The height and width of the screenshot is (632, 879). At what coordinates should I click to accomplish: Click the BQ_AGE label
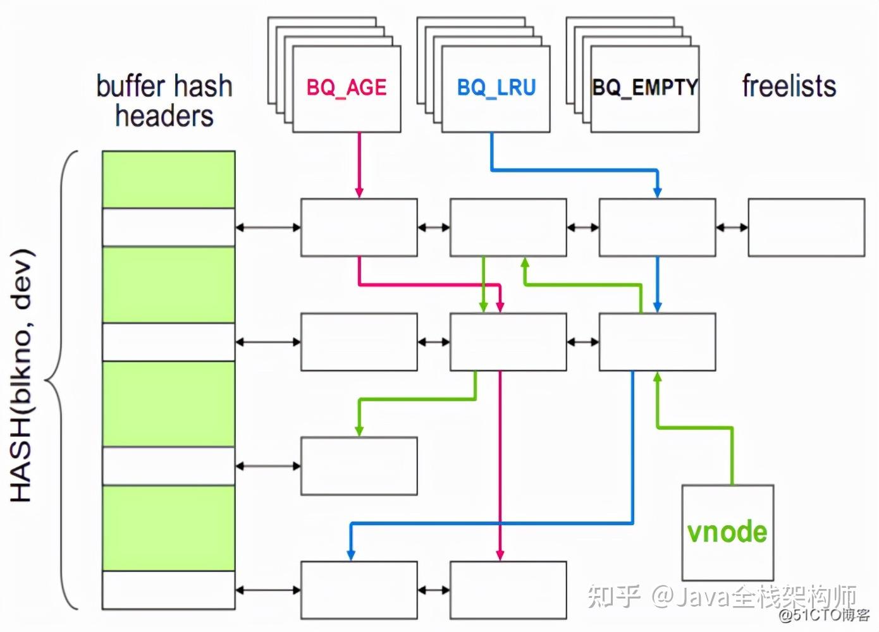[x=347, y=88]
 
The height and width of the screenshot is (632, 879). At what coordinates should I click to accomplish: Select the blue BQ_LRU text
[x=496, y=88]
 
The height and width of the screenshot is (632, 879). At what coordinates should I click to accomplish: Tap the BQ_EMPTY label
[x=645, y=87]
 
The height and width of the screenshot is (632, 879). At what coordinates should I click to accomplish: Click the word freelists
[x=789, y=86]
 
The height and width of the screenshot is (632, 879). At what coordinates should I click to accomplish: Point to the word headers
[x=164, y=116]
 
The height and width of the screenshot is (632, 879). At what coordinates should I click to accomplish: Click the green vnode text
[x=727, y=532]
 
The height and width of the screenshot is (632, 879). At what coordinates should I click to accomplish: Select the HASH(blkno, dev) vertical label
[x=22, y=375]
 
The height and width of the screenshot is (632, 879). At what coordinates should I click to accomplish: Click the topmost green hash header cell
[x=169, y=179]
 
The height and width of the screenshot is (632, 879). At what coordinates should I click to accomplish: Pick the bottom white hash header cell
[x=169, y=590]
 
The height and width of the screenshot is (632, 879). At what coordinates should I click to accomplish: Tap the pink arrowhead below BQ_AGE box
[x=359, y=192]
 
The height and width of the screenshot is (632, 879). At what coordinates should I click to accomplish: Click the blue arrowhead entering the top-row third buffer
[x=658, y=192]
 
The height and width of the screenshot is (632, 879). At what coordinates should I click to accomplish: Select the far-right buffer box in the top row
[x=806, y=228]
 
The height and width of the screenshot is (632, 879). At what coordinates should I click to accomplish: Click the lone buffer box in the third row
[x=359, y=466]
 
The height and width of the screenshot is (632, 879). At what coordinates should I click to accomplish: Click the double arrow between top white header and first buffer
[x=268, y=228]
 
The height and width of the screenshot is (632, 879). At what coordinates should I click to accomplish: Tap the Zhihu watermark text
[x=722, y=597]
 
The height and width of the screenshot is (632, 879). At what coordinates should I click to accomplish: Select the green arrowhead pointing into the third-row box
[x=359, y=431]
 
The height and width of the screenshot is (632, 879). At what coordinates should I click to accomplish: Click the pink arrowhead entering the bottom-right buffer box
[x=500, y=555]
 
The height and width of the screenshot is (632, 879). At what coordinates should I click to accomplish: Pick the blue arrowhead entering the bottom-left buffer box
[x=351, y=555]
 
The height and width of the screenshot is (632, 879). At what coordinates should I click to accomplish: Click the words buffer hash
[x=164, y=86]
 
